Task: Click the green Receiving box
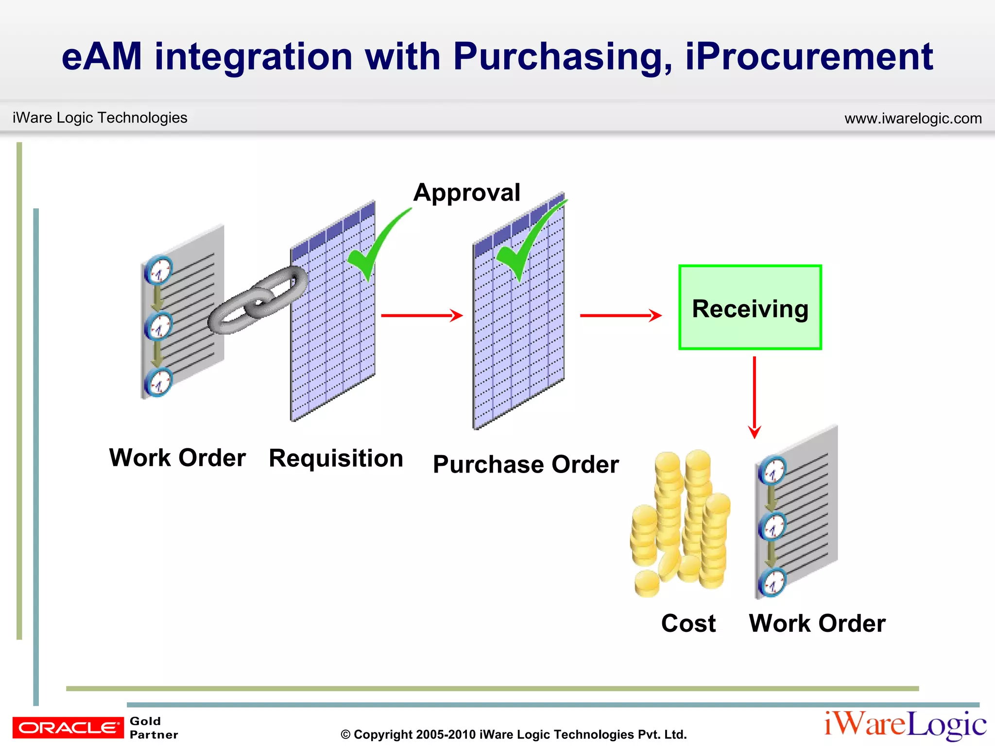tap(750, 307)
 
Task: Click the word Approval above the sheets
tap(466, 192)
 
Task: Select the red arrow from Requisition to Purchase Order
tap(421, 316)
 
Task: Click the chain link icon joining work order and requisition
tap(257, 300)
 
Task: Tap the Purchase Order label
tap(526, 464)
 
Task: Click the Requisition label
tap(336, 458)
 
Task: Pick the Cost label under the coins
tap(688, 623)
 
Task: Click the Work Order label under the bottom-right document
tap(817, 623)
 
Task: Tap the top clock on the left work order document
tap(159, 270)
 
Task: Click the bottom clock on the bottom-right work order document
tap(772, 582)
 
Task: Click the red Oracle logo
tap(68, 728)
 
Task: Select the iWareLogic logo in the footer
tap(905, 725)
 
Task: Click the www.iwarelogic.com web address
tap(912, 119)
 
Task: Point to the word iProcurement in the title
tap(809, 57)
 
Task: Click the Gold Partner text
tap(153, 728)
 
